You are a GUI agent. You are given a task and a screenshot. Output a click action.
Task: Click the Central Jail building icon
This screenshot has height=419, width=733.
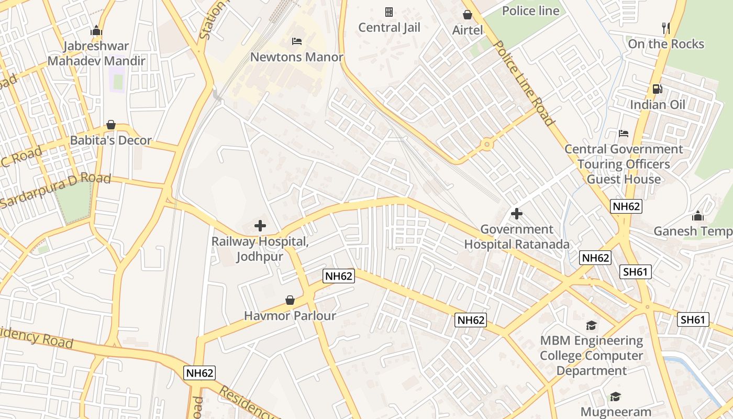click(x=389, y=12)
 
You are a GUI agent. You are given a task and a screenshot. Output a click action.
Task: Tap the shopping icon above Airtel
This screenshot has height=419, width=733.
click(x=467, y=15)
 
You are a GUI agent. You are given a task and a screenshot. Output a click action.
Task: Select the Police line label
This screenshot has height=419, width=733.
click(x=530, y=10)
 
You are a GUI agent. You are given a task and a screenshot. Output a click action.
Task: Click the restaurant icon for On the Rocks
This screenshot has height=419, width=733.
click(x=666, y=28)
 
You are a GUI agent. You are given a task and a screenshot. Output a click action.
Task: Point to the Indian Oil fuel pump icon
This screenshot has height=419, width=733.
click(x=657, y=89)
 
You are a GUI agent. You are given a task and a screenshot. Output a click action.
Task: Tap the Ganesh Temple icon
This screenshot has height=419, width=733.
click(x=697, y=216)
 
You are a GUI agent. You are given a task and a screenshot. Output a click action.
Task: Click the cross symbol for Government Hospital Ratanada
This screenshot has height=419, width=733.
click(x=517, y=214)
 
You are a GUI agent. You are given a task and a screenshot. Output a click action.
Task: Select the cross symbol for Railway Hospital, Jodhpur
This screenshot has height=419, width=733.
click(x=260, y=226)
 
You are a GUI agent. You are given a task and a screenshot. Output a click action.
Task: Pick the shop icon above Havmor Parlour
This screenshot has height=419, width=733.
click(x=290, y=300)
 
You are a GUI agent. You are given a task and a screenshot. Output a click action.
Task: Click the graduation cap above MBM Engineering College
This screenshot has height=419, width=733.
click(x=591, y=325)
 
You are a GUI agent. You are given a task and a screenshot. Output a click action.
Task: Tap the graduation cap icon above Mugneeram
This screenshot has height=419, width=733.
click(x=615, y=397)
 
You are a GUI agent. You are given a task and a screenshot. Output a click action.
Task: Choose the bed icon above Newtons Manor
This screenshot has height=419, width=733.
click(x=297, y=41)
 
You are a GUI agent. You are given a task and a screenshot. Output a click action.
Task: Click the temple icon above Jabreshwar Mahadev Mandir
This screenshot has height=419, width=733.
click(x=96, y=31)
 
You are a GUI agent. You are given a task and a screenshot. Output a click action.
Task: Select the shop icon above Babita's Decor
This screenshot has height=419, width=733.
click(x=111, y=125)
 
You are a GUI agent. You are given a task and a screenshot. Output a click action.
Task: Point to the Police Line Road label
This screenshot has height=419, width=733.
click(x=524, y=84)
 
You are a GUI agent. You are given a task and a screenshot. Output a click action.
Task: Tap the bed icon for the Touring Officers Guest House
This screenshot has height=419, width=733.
click(x=623, y=134)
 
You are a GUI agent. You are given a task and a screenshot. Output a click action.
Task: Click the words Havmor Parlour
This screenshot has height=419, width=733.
click(x=290, y=316)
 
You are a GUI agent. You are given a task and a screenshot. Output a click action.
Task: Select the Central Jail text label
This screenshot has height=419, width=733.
click(x=389, y=28)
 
